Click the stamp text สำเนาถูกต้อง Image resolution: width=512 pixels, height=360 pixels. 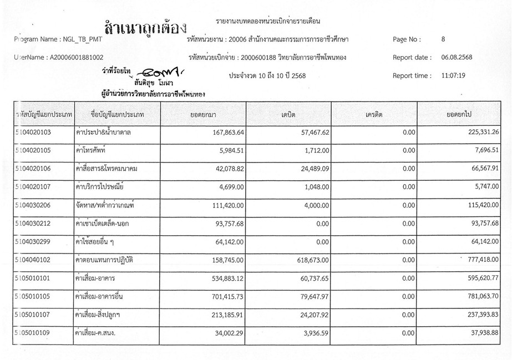(x=145, y=26)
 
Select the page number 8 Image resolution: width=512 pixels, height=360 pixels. (x=443, y=39)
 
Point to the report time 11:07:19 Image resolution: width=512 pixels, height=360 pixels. (x=453, y=75)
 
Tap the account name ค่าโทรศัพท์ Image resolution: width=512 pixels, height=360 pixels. (x=91, y=150)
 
